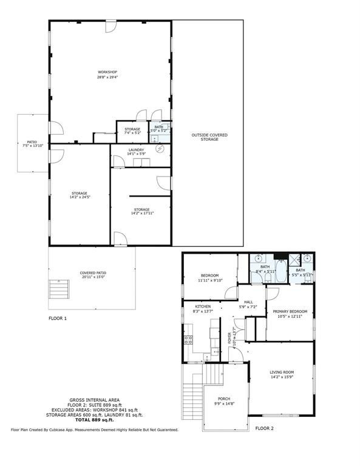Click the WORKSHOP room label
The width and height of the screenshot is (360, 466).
(x=107, y=72)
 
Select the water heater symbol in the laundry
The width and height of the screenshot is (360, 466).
(x=160, y=148)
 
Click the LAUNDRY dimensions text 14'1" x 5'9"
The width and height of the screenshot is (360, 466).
(x=136, y=154)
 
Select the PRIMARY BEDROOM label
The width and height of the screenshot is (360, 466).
(x=290, y=311)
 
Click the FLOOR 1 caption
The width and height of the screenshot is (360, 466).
(x=58, y=318)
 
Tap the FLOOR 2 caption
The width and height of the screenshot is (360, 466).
(x=264, y=428)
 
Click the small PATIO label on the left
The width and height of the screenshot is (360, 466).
(x=32, y=142)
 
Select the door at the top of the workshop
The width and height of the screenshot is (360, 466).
(x=111, y=26)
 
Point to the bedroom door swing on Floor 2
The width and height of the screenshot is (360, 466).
(x=231, y=293)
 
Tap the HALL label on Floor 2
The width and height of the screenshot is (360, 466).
(x=248, y=302)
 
